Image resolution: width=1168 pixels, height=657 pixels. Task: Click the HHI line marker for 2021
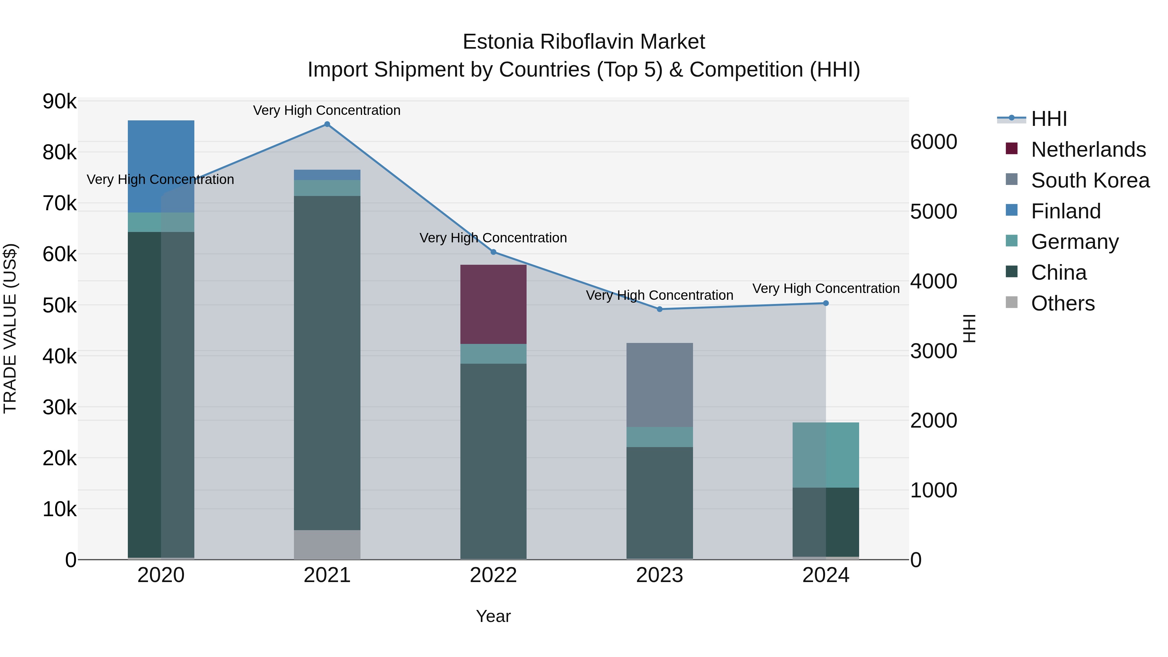point(327,124)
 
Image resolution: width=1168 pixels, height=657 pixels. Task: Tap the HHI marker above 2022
point(493,252)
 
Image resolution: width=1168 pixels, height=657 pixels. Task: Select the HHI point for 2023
point(660,309)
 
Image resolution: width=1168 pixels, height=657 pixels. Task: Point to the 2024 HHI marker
point(826,303)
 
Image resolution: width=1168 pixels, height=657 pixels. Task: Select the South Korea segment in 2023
point(660,384)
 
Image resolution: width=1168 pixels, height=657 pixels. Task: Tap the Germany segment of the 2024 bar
point(826,455)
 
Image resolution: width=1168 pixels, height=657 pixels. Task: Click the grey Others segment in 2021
point(327,544)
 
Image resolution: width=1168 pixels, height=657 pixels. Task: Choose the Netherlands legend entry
point(1088,150)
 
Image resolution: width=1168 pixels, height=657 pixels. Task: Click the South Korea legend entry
point(1090,180)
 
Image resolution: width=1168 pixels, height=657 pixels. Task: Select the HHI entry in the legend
point(1049,119)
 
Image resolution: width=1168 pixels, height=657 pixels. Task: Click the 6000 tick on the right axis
point(933,142)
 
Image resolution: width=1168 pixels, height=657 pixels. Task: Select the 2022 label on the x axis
point(493,575)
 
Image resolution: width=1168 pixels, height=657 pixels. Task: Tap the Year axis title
point(493,616)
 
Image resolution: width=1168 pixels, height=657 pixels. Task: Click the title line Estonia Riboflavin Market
point(584,42)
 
